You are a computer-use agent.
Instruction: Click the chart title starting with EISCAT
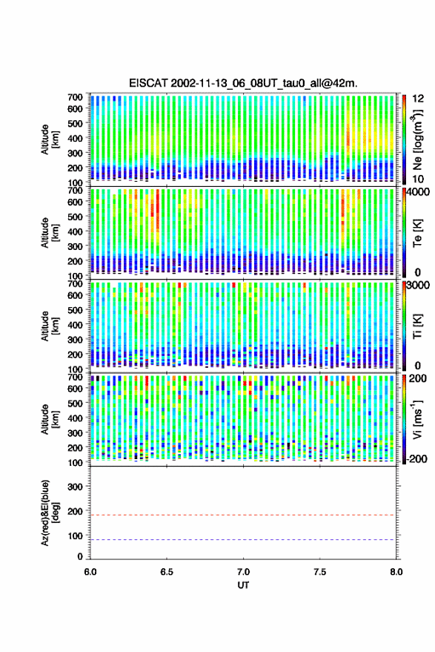243,83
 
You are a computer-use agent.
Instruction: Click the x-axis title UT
243,585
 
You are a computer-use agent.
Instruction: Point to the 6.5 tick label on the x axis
167,572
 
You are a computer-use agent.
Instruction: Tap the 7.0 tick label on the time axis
243,572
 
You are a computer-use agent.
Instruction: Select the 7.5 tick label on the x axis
319,572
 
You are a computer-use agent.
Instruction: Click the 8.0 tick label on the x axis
396,572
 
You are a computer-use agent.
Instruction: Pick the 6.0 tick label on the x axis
90,572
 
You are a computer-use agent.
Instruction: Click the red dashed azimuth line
242,515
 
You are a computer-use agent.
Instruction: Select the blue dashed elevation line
242,540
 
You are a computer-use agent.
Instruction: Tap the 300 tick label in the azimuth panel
75,487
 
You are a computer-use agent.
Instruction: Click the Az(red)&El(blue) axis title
49,513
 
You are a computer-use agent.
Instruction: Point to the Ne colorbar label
418,139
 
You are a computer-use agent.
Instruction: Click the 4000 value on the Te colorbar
418,192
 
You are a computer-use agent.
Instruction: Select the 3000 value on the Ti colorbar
418,286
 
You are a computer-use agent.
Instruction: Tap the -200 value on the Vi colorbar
416,459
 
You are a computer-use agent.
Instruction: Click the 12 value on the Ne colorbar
418,99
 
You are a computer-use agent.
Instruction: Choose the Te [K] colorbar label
417,233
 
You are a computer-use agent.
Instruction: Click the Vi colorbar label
417,419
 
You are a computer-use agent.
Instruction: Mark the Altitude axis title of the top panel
49,139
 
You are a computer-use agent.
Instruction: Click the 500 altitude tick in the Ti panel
75,310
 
